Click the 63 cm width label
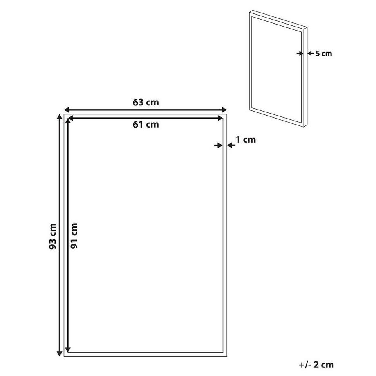tap(145, 102)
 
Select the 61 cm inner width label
tap(145, 125)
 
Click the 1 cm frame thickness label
tap(246, 140)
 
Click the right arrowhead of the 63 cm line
tap(224, 110)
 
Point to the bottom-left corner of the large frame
tap(65, 356)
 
